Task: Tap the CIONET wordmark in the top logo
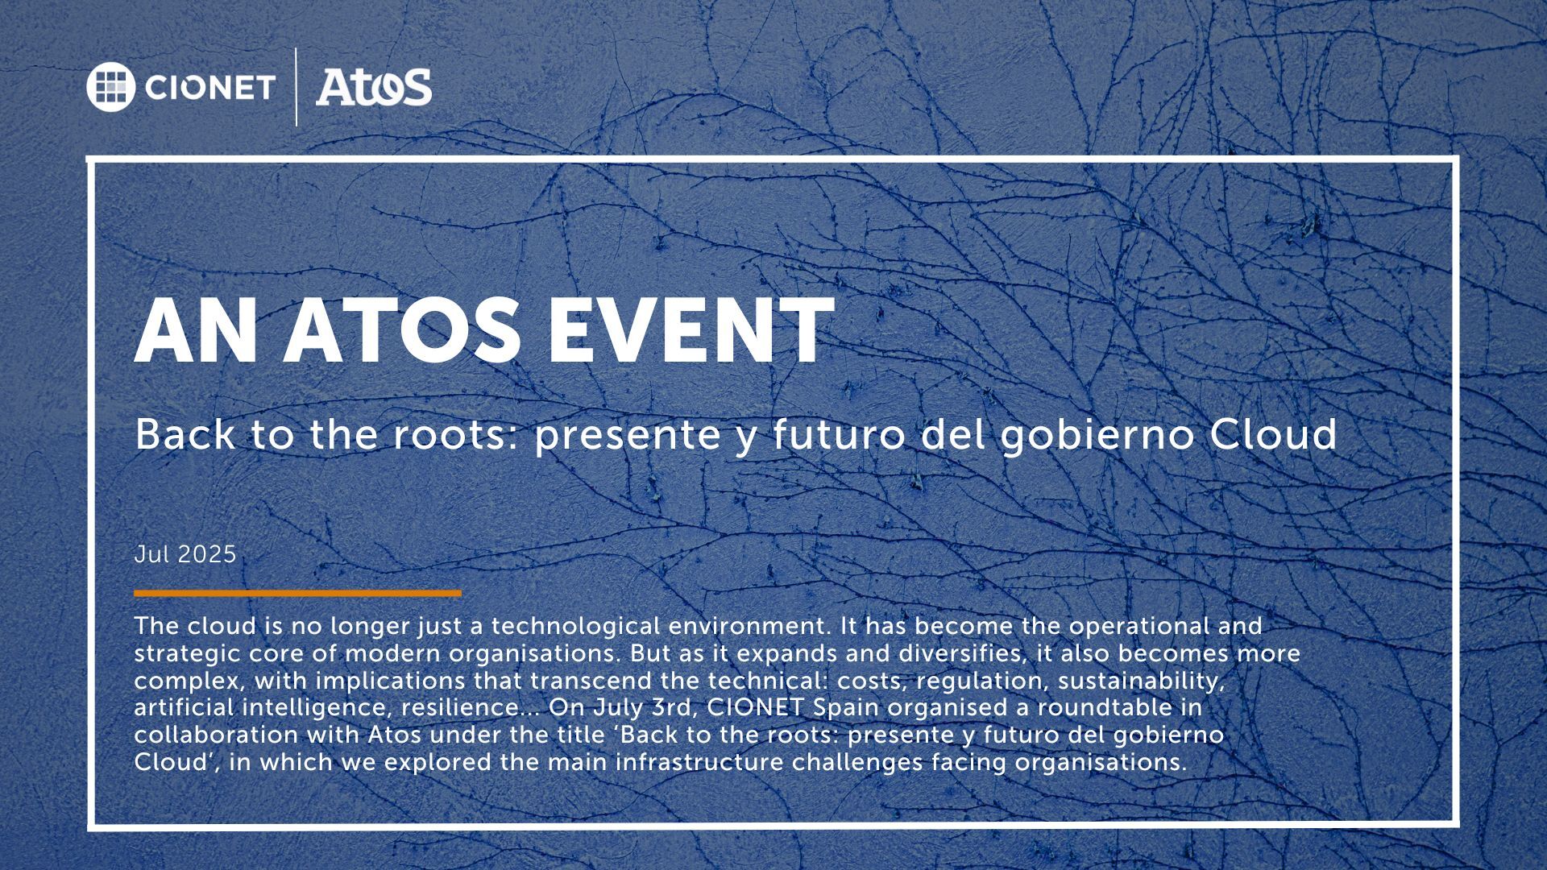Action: point(210,87)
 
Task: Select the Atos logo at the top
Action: point(374,86)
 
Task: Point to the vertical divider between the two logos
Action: point(297,87)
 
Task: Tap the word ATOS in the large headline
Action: point(400,330)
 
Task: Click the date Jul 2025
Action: point(185,554)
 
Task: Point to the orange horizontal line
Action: point(298,594)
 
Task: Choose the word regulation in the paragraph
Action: point(983,681)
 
